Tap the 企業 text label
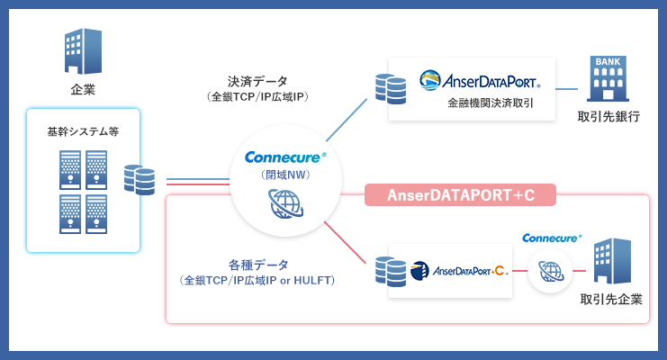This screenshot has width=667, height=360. (x=83, y=90)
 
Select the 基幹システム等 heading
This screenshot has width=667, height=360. (x=83, y=131)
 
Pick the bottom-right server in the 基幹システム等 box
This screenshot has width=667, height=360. (x=96, y=213)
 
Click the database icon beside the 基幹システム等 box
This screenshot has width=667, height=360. (x=139, y=179)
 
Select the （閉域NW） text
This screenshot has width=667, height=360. (x=285, y=175)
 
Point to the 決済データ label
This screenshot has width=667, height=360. (x=258, y=80)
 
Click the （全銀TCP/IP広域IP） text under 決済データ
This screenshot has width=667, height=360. (x=258, y=95)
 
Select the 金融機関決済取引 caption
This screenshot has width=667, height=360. (x=490, y=103)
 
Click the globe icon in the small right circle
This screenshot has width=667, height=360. (x=551, y=270)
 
